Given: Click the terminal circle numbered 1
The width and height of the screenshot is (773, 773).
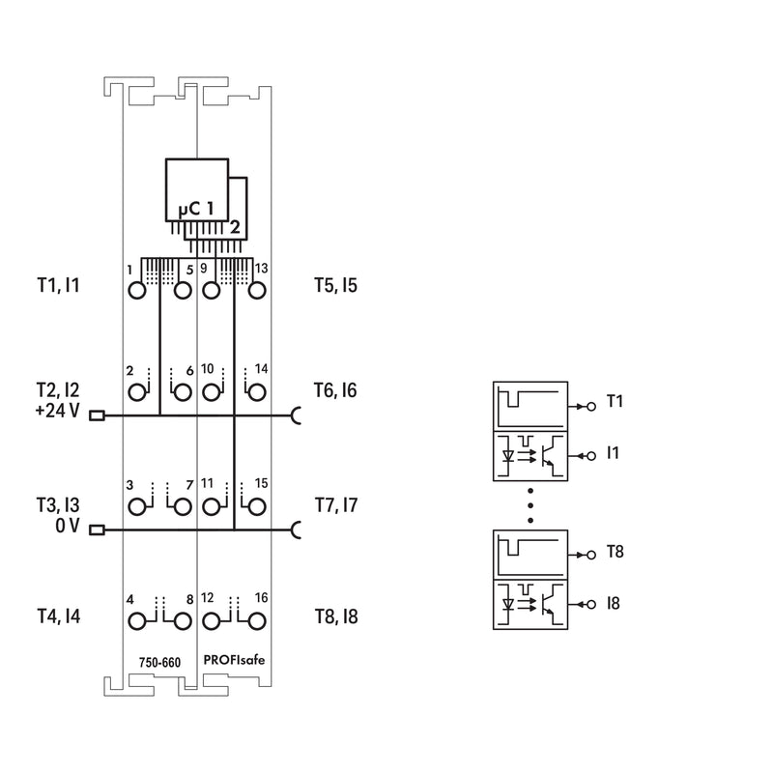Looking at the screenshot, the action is click(x=137, y=291).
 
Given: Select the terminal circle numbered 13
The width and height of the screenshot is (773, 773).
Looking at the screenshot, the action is click(x=257, y=291).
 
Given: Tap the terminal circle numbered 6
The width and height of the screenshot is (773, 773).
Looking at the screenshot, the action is click(x=183, y=392).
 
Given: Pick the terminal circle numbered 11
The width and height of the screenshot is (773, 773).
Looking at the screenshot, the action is click(x=212, y=506).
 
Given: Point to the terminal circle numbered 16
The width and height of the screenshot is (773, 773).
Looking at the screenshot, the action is click(x=257, y=621).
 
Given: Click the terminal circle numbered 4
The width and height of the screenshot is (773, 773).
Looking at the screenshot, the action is click(x=137, y=621).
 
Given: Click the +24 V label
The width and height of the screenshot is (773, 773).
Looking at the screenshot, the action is click(x=57, y=410).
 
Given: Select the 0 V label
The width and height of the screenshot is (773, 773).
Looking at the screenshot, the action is click(x=68, y=526).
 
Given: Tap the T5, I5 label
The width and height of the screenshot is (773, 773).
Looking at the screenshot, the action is click(x=335, y=285).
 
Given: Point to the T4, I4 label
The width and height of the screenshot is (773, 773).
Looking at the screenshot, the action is click(x=59, y=616).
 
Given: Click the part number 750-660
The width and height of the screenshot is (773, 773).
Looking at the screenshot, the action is click(x=159, y=662).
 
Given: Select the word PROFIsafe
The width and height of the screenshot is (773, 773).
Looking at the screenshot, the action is click(x=234, y=660).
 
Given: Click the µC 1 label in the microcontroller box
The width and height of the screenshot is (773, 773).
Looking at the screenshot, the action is click(x=196, y=209).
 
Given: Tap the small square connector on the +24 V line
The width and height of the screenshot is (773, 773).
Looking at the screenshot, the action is click(x=97, y=416).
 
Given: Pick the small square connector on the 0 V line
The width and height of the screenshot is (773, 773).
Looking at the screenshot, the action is click(x=97, y=530).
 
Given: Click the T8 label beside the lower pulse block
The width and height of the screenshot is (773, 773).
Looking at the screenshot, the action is click(x=616, y=551).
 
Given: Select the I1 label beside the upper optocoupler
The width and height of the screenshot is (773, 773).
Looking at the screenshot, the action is click(x=613, y=452).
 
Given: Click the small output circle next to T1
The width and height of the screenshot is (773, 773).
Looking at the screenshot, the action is click(x=591, y=406).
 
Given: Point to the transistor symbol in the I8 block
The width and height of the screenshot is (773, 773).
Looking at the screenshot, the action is click(x=551, y=604).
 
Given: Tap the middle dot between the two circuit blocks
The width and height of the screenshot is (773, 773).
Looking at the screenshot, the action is click(x=530, y=505).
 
